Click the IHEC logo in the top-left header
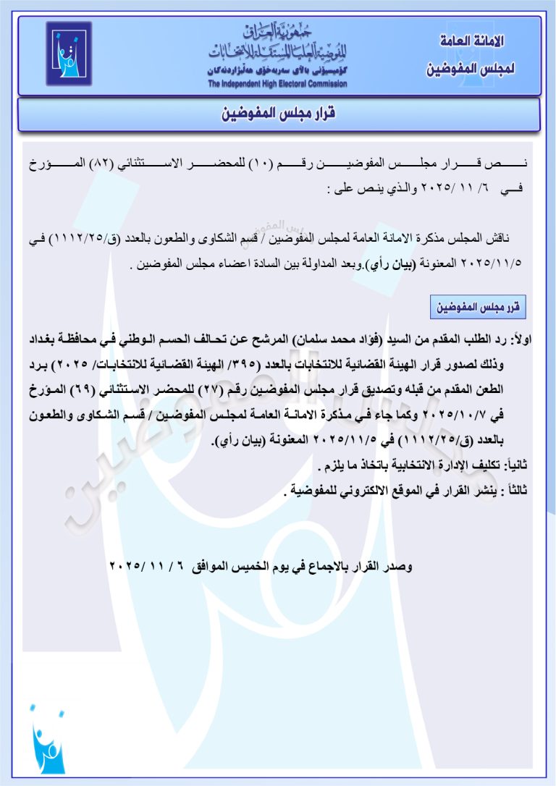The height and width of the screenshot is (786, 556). click(x=69, y=54)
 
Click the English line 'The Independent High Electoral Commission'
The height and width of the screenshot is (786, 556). click(x=277, y=84)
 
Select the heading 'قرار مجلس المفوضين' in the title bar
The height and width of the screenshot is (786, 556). click(x=279, y=114)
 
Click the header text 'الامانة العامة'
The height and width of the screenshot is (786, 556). click(x=473, y=41)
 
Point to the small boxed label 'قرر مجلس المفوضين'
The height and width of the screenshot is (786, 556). click(x=478, y=308)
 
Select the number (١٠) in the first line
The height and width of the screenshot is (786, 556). click(x=259, y=165)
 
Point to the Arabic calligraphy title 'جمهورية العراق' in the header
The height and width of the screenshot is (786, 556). click(x=277, y=31)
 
